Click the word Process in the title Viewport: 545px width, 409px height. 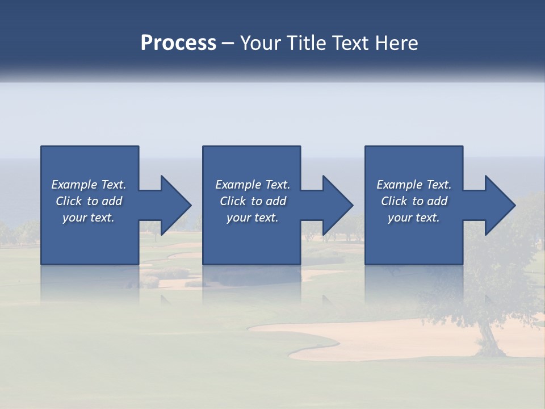[x=178, y=43]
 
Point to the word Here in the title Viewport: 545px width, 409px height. [x=397, y=43]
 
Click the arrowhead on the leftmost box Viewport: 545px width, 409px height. [x=174, y=205]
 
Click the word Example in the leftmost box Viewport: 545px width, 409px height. [x=74, y=185]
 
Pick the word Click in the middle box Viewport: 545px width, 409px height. [x=233, y=201]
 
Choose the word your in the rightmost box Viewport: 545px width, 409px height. [x=400, y=218]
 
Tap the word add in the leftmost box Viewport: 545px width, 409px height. [x=112, y=201]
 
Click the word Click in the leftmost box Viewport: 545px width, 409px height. [x=69, y=201]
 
